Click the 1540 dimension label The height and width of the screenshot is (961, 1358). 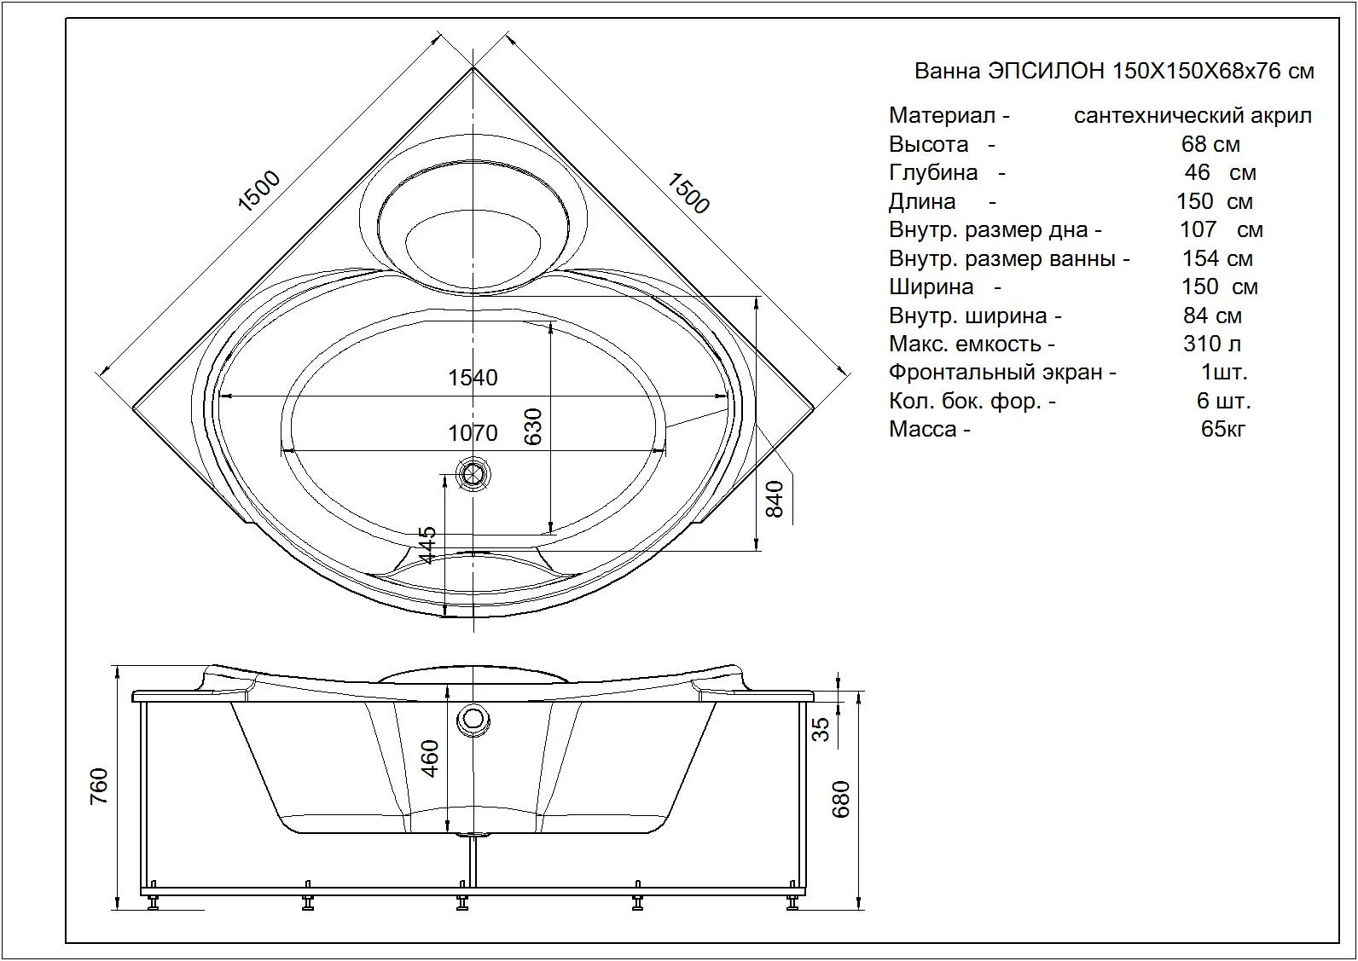click(473, 378)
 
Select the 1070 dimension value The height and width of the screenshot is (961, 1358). click(473, 433)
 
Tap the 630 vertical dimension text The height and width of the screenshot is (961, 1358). click(532, 426)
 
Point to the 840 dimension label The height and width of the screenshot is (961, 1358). click(775, 499)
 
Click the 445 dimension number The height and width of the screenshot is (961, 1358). click(427, 544)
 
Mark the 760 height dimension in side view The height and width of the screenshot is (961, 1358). click(99, 786)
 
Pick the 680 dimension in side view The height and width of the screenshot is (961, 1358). click(841, 799)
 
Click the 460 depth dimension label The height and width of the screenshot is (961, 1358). click(430, 758)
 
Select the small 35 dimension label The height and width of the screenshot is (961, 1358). click(820, 729)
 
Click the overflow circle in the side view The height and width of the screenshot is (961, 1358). click(473, 719)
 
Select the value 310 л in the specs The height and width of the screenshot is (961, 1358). click(1211, 344)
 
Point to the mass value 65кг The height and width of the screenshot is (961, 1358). click(1222, 429)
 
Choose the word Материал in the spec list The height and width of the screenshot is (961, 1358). click(941, 115)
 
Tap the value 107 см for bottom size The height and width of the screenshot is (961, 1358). click(1221, 229)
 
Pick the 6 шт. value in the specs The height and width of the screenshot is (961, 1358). click(1223, 401)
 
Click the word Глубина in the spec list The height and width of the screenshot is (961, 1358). click(932, 172)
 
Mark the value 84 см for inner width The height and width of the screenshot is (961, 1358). click(1212, 316)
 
